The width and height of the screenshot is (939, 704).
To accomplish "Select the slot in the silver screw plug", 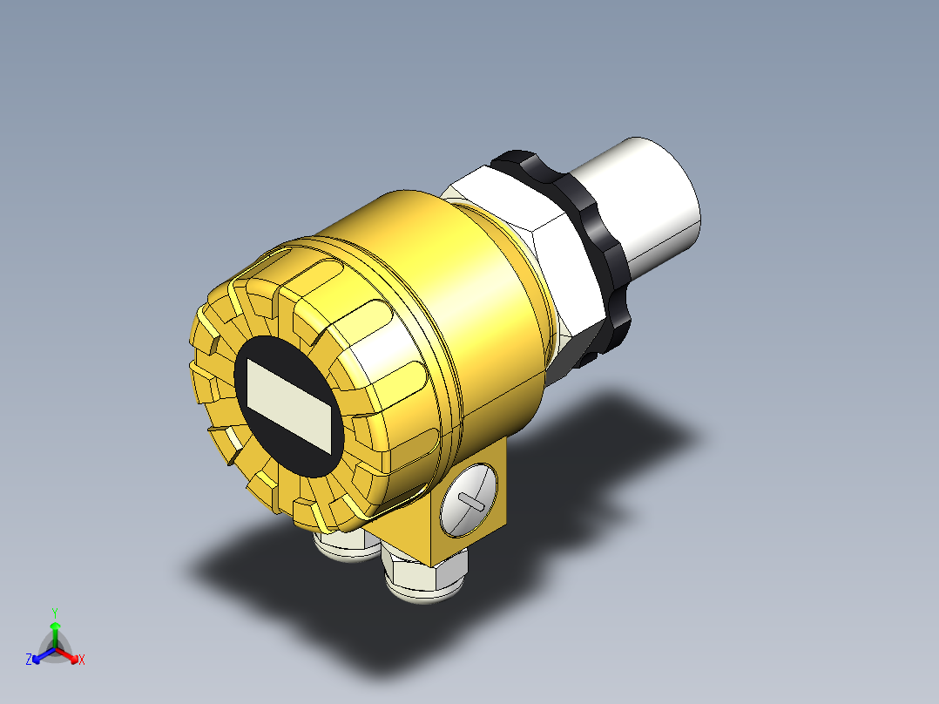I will pos(470,502).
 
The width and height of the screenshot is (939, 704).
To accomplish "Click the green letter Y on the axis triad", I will pos(54,613).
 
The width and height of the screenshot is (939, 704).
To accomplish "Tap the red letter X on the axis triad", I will pos(82,660).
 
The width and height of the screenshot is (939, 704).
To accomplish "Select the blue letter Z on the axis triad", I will pos(30,660).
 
